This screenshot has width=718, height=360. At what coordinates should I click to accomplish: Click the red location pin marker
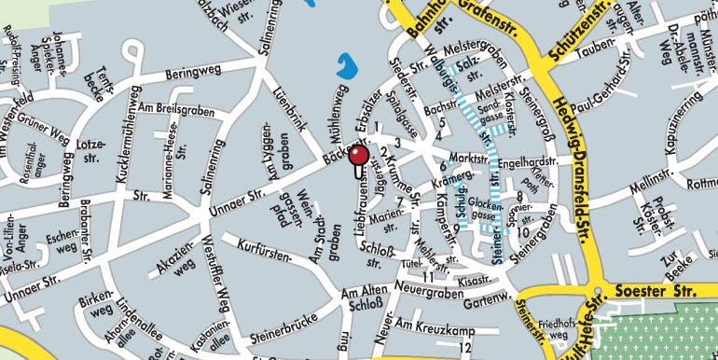pos(356,159)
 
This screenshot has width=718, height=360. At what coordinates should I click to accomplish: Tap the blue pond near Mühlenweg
pos(345,67)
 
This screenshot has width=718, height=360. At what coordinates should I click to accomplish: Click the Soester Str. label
pos(654,293)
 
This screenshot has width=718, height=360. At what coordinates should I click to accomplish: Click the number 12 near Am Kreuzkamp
pos(464,347)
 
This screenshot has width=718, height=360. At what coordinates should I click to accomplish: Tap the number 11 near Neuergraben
pos(429,278)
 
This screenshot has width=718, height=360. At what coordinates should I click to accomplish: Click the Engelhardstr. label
pos(529,161)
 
